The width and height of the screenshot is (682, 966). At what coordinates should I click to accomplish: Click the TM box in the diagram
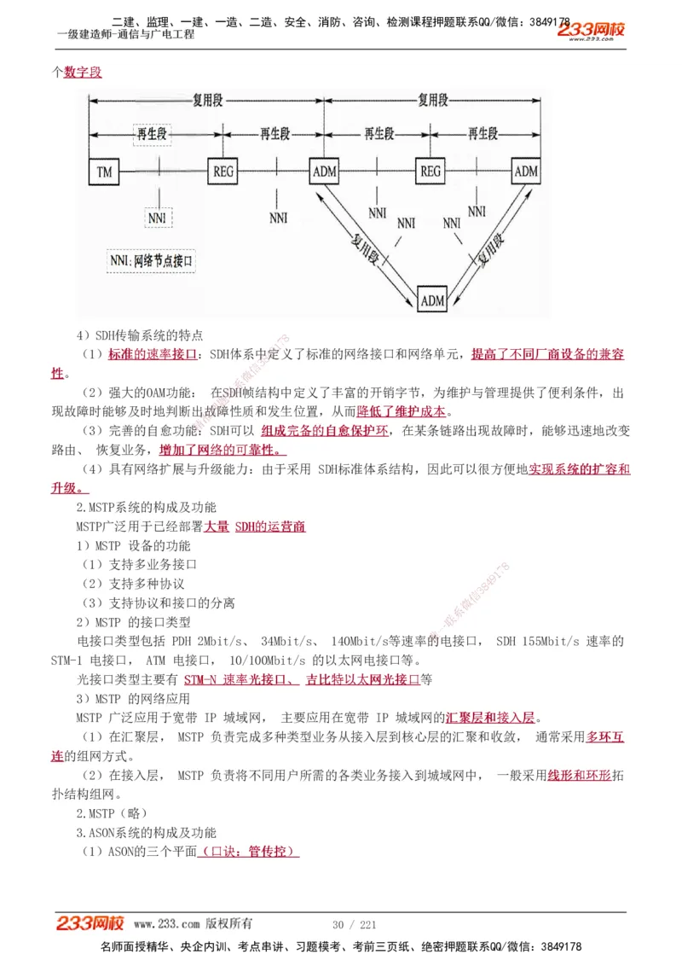[x=105, y=172]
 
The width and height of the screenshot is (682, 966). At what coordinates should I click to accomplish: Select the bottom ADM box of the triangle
[x=433, y=300]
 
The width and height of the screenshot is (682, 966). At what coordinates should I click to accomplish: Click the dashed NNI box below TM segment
[x=158, y=218]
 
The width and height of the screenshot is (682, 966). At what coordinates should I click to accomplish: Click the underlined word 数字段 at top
[x=83, y=73]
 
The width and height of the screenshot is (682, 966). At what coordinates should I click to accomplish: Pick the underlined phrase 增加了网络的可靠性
[x=222, y=450]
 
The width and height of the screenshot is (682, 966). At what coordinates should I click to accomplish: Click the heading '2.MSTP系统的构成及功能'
[x=147, y=507]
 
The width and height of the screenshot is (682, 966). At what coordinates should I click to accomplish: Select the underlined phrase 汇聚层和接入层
[x=492, y=717]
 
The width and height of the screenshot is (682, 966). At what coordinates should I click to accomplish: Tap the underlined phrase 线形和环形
[x=579, y=775]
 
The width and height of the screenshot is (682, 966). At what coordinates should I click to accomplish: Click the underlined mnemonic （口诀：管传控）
[x=248, y=852]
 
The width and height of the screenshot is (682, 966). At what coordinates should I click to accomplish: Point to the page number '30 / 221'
[x=354, y=925]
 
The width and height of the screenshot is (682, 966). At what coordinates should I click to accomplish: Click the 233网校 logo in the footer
[x=90, y=923]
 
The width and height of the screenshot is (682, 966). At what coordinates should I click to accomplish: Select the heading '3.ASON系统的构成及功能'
[x=147, y=833]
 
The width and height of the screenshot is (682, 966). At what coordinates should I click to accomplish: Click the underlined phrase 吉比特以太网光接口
[x=363, y=680]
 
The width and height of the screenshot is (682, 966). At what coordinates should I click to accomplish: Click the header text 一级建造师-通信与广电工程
[x=125, y=35]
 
